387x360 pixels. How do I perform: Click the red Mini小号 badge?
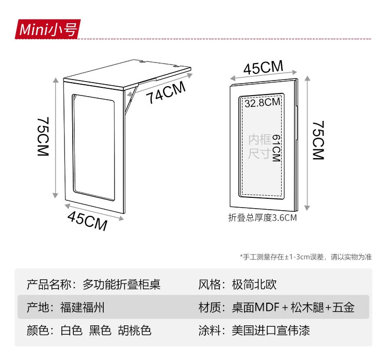47,29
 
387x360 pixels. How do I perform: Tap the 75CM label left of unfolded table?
43,137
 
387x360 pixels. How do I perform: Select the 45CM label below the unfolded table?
87,221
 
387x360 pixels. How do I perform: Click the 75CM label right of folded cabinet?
318,140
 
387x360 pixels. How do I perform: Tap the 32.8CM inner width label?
262,102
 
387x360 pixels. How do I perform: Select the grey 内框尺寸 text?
259,147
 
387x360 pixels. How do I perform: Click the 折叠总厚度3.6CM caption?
263,217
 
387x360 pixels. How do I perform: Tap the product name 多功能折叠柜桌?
122,284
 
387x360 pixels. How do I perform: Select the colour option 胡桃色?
135,331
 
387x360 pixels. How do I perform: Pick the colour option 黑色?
100,331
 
